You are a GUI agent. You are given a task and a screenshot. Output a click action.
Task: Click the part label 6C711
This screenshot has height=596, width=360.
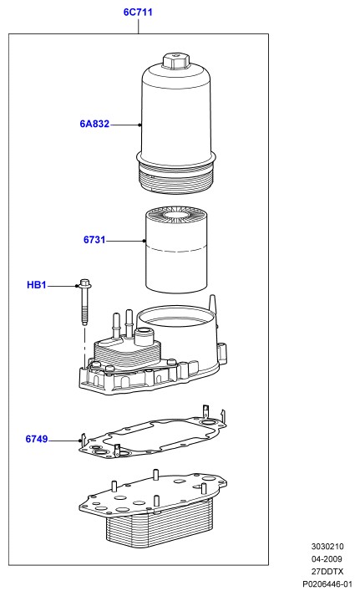[138, 13]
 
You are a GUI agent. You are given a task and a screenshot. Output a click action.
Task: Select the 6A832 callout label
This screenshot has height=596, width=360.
[94, 124]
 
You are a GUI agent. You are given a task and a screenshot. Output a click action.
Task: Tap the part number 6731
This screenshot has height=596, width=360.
[94, 240]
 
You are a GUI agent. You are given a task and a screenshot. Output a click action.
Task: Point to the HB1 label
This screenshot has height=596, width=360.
[37, 285]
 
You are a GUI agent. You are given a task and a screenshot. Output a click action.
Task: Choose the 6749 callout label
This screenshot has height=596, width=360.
[37, 439]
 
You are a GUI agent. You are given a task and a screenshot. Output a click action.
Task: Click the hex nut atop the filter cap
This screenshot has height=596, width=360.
[175, 61]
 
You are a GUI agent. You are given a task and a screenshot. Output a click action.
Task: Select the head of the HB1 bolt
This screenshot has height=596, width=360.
[84, 283]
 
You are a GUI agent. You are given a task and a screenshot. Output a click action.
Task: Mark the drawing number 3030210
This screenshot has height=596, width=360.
[327, 547]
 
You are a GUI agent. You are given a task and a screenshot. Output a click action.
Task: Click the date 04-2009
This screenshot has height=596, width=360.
[327, 559]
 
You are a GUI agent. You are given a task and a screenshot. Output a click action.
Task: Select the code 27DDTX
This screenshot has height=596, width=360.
[327, 572]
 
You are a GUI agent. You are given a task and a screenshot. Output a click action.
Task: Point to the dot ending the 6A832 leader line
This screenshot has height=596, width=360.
[139, 125]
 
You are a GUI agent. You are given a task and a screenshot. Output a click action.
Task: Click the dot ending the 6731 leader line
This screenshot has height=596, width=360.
[145, 241]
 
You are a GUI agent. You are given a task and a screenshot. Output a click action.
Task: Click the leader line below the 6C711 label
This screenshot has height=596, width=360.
[138, 26]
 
